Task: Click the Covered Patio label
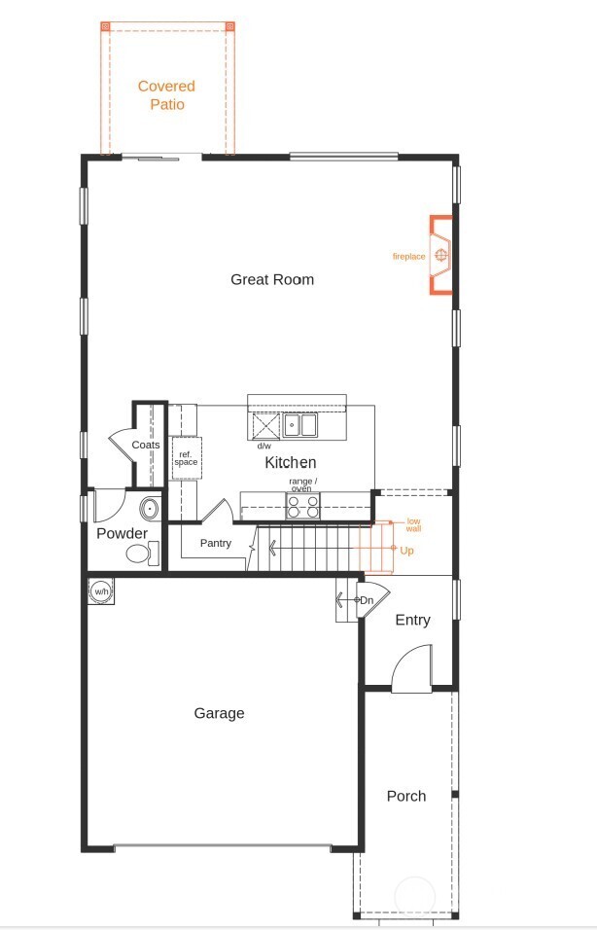[x=166, y=95]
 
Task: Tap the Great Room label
[x=272, y=279]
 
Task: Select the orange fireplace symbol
[x=441, y=255]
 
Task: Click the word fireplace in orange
[x=408, y=257]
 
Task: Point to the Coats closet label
[x=146, y=445]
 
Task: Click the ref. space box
[x=186, y=458]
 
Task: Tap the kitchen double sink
[x=300, y=425]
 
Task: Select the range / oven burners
[x=303, y=506]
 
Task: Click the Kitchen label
[x=291, y=463]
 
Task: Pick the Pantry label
[x=216, y=543]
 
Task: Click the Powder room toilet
[x=140, y=554]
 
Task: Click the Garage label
[x=219, y=713]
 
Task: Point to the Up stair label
[x=406, y=550]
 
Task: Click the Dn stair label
[x=367, y=601]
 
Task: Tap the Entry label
[x=412, y=620]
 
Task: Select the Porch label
[x=406, y=796]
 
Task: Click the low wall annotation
[x=413, y=525]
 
